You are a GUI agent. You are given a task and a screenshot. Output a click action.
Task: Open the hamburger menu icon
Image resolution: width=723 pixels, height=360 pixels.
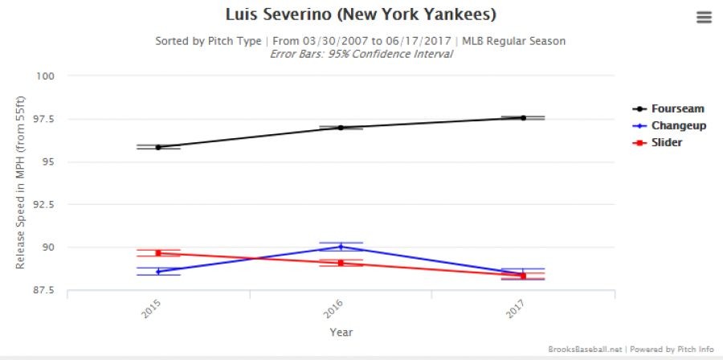pyautogui.click(x=704, y=18)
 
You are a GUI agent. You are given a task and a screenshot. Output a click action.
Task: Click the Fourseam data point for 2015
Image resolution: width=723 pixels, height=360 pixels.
pyautogui.click(x=158, y=147)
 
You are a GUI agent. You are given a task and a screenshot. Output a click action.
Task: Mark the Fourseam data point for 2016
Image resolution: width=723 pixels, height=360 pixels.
pyautogui.click(x=341, y=127)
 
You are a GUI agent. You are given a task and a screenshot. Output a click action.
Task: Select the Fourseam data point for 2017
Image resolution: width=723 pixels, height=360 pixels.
pyautogui.click(x=523, y=117)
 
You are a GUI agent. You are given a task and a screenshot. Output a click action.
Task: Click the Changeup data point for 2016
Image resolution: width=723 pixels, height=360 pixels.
pyautogui.click(x=341, y=247)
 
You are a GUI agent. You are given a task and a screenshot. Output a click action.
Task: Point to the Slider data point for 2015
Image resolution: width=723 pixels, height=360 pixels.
pyautogui.click(x=158, y=253)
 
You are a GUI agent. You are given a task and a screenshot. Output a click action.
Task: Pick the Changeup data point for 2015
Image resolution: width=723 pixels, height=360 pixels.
pyautogui.click(x=158, y=272)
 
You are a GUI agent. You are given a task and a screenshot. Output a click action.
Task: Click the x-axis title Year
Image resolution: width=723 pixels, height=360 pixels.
pyautogui.click(x=340, y=331)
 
